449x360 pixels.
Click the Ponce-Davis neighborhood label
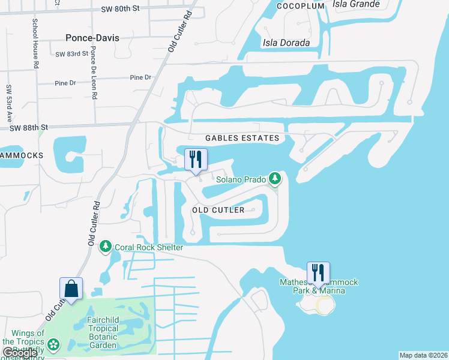[x=92, y=38]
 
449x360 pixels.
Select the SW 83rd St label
[x=71, y=54]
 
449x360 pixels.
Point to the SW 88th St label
[x=28, y=127]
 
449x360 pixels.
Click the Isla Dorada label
[x=286, y=43]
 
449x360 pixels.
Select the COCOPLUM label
[x=301, y=6]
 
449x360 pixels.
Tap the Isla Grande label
[x=357, y=4]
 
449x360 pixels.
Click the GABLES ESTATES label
[x=242, y=138]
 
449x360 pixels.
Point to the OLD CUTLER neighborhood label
[x=218, y=210]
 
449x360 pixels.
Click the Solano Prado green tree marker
[x=275, y=178]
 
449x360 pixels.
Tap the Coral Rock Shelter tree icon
[x=106, y=247]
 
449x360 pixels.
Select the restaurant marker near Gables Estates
[x=196, y=159]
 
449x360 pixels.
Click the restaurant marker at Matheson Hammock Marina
[x=318, y=273]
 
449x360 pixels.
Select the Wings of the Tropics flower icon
[x=54, y=344]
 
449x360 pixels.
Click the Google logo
[x=19, y=353]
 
